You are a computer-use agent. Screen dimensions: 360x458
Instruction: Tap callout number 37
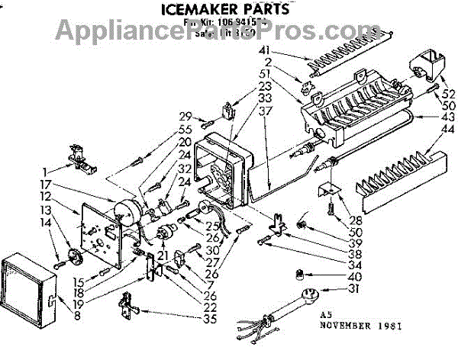coord(266,110)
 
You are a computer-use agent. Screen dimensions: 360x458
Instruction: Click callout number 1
coord(47,171)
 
